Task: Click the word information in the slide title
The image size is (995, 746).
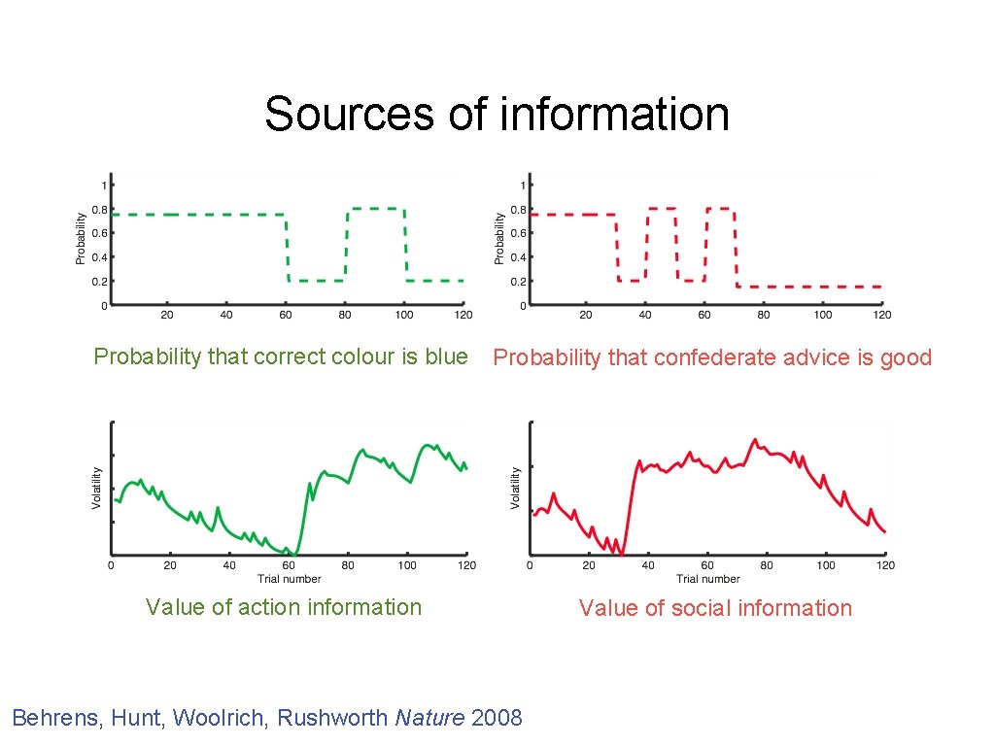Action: pyautogui.click(x=614, y=114)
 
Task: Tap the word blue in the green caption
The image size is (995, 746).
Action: pyautogui.click(x=447, y=356)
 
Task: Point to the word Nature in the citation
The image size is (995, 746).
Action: pyautogui.click(x=429, y=718)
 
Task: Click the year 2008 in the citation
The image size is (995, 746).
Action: pyautogui.click(x=497, y=718)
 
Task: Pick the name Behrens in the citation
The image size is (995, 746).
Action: pyautogui.click(x=56, y=718)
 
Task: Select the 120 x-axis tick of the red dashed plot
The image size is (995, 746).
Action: pyautogui.click(x=881, y=315)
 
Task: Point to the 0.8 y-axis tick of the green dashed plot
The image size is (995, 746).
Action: pyautogui.click(x=101, y=209)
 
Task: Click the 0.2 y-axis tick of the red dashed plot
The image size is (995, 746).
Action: pyautogui.click(x=520, y=282)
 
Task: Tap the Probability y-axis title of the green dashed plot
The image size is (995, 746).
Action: pyautogui.click(x=81, y=240)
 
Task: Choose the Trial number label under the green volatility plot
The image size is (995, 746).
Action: pyautogui.click(x=289, y=579)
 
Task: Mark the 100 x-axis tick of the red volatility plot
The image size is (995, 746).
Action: pyautogui.click(x=826, y=565)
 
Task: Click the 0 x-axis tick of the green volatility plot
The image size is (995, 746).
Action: pyautogui.click(x=111, y=565)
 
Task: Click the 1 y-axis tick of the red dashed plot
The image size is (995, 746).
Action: pyautogui.click(x=524, y=185)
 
